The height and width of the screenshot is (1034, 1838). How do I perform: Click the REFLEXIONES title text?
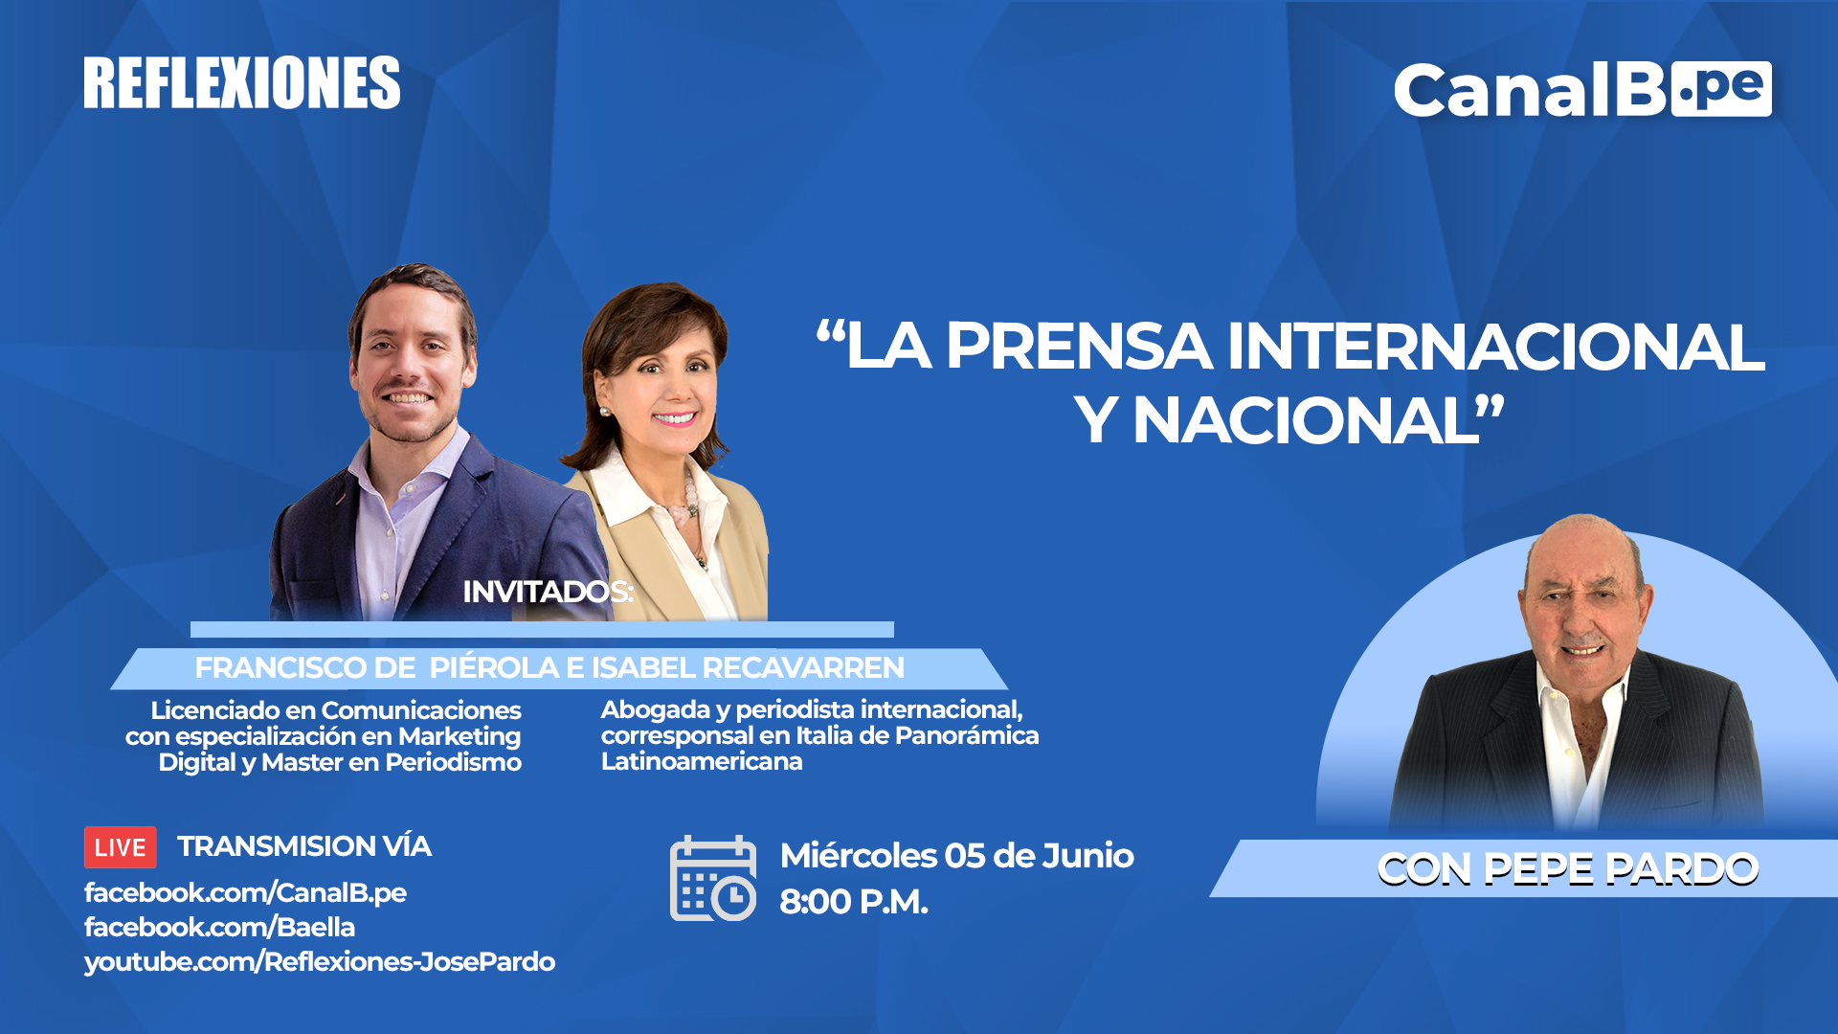point(242,82)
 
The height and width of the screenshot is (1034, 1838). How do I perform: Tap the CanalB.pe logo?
point(1582,90)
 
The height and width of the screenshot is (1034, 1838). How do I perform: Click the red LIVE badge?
point(121,847)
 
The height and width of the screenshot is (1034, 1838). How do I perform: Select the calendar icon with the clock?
point(713,878)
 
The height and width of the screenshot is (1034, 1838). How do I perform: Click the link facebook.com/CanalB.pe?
point(245,893)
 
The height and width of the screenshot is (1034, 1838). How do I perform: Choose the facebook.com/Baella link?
point(219,927)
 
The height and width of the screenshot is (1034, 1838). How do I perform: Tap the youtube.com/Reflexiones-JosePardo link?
point(320,962)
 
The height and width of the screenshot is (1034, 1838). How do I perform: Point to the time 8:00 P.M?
point(854,902)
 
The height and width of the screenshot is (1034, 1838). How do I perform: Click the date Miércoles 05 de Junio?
point(957,855)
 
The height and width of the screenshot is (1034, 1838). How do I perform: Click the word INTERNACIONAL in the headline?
point(1496,346)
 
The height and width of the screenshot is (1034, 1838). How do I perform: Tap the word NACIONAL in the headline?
point(1307,420)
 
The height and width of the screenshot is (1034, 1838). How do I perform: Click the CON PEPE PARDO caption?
point(1568,868)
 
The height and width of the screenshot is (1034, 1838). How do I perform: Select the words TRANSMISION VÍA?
point(304,846)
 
